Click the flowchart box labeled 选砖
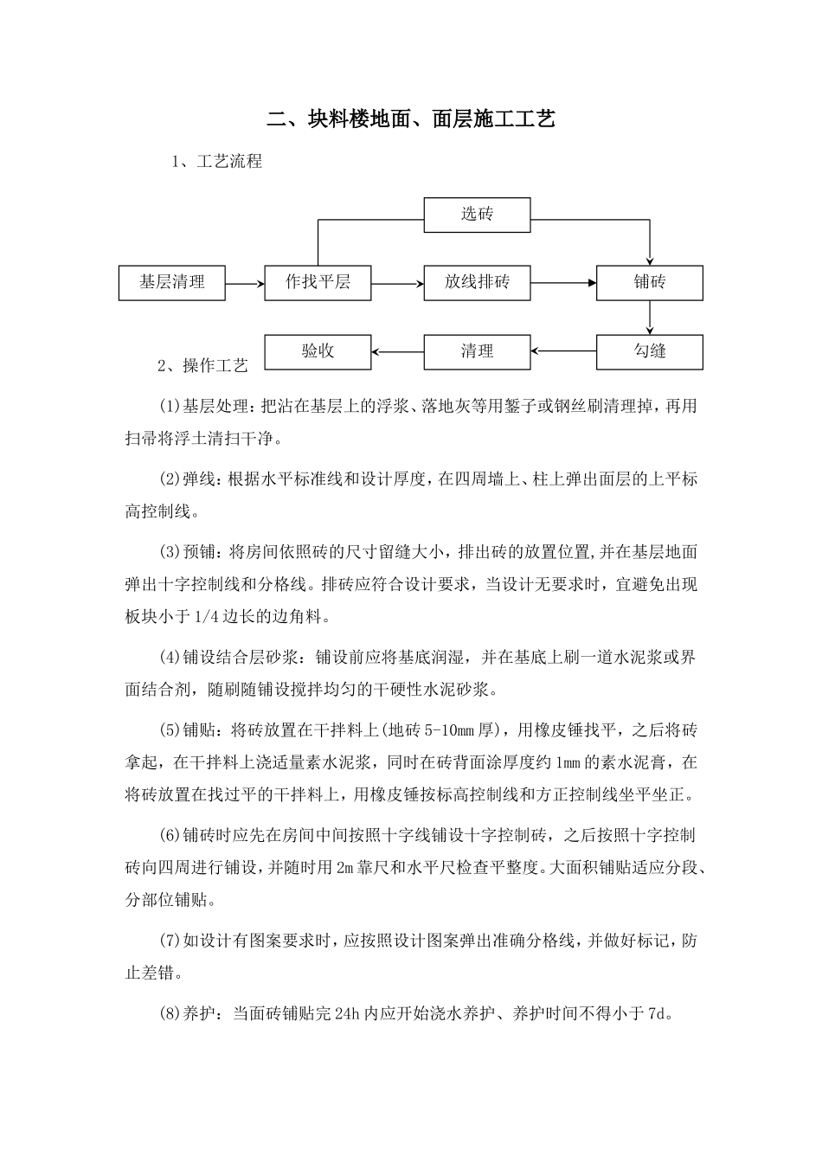point(477,215)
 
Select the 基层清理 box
point(172,283)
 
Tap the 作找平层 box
point(318,283)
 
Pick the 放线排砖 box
point(477,283)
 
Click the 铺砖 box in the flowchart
point(649,283)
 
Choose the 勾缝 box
point(649,352)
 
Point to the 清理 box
point(477,352)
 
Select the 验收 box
point(318,352)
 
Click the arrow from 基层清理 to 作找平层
point(245,283)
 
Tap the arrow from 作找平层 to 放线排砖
point(397,283)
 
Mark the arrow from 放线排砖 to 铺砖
point(563,283)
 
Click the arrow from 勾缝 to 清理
point(563,351)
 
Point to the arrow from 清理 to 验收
point(397,351)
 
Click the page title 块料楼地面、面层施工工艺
point(410,119)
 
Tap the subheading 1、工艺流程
point(217,162)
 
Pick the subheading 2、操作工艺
point(202,366)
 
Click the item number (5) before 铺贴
point(170,730)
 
